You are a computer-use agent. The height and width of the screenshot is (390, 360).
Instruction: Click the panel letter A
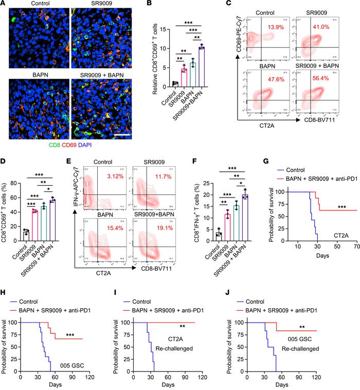click(x=4, y=5)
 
